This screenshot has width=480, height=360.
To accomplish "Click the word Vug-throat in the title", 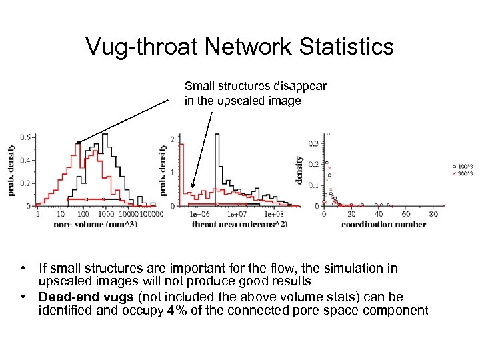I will pyautogui.click(x=141, y=47).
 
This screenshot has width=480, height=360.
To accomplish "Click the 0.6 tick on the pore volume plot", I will pyautogui.click(x=24, y=137).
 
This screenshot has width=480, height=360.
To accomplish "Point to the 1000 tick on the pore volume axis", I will pyautogui.click(x=105, y=214).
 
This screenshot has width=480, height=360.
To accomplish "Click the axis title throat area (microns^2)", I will pyautogui.click(x=239, y=224).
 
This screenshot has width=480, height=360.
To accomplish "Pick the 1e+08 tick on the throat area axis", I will pyautogui.click(x=273, y=214).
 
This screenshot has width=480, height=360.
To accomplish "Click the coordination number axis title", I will pyautogui.click(x=383, y=224).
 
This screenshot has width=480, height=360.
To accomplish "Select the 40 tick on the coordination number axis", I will pyautogui.click(x=379, y=214).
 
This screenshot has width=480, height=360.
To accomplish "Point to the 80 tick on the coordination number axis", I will pyautogui.click(x=433, y=214).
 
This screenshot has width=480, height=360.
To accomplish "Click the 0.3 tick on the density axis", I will pyautogui.click(x=313, y=143).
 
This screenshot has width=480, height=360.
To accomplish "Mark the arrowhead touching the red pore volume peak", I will pyautogui.click(x=78, y=142).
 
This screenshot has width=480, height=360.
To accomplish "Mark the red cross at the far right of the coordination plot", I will pyautogui.click(x=444, y=206).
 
